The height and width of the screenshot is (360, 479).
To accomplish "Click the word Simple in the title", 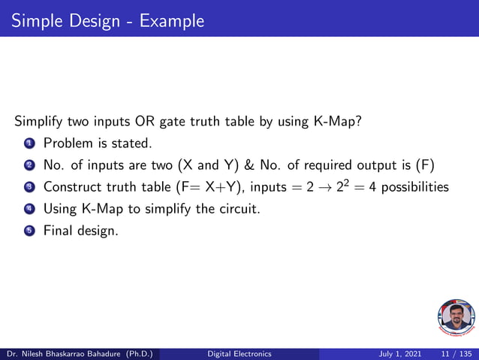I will click(x=35, y=20).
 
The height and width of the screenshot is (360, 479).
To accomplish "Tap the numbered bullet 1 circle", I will click(x=29, y=143).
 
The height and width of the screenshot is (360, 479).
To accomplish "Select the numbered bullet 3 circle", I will click(x=29, y=186).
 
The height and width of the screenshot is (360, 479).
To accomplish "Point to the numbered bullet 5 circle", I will click(x=29, y=231).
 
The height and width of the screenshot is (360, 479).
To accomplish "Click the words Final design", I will click(x=80, y=231).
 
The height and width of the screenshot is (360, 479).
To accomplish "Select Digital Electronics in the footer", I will click(x=239, y=353).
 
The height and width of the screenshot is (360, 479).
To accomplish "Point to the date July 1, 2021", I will click(x=402, y=353).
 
